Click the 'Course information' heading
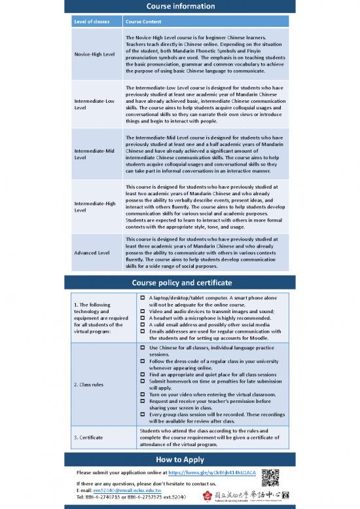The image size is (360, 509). [x=180, y=7]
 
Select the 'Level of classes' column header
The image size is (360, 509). [x=91, y=22]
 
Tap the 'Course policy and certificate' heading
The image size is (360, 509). [x=180, y=282]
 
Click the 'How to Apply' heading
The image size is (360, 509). [x=180, y=460]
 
